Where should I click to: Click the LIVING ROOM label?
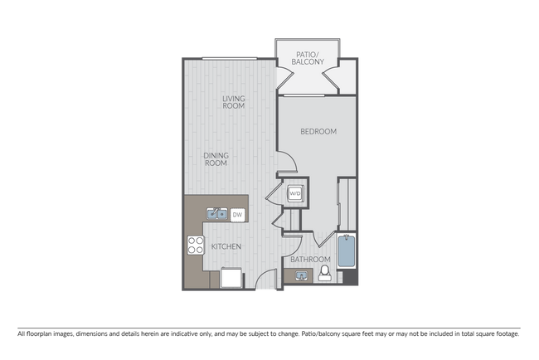click(233, 102)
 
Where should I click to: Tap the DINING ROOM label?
click(216, 158)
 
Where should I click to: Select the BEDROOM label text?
click(318, 132)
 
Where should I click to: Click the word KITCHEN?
click(226, 247)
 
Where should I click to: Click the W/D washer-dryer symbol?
click(295, 194)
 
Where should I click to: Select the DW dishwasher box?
click(237, 216)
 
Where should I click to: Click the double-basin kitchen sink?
click(217, 215)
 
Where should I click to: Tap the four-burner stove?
click(196, 246)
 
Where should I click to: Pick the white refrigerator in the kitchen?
click(231, 277)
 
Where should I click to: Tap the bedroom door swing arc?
click(284, 164)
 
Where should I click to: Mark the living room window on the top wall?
click(227, 57)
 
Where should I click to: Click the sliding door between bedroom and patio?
click(300, 95)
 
